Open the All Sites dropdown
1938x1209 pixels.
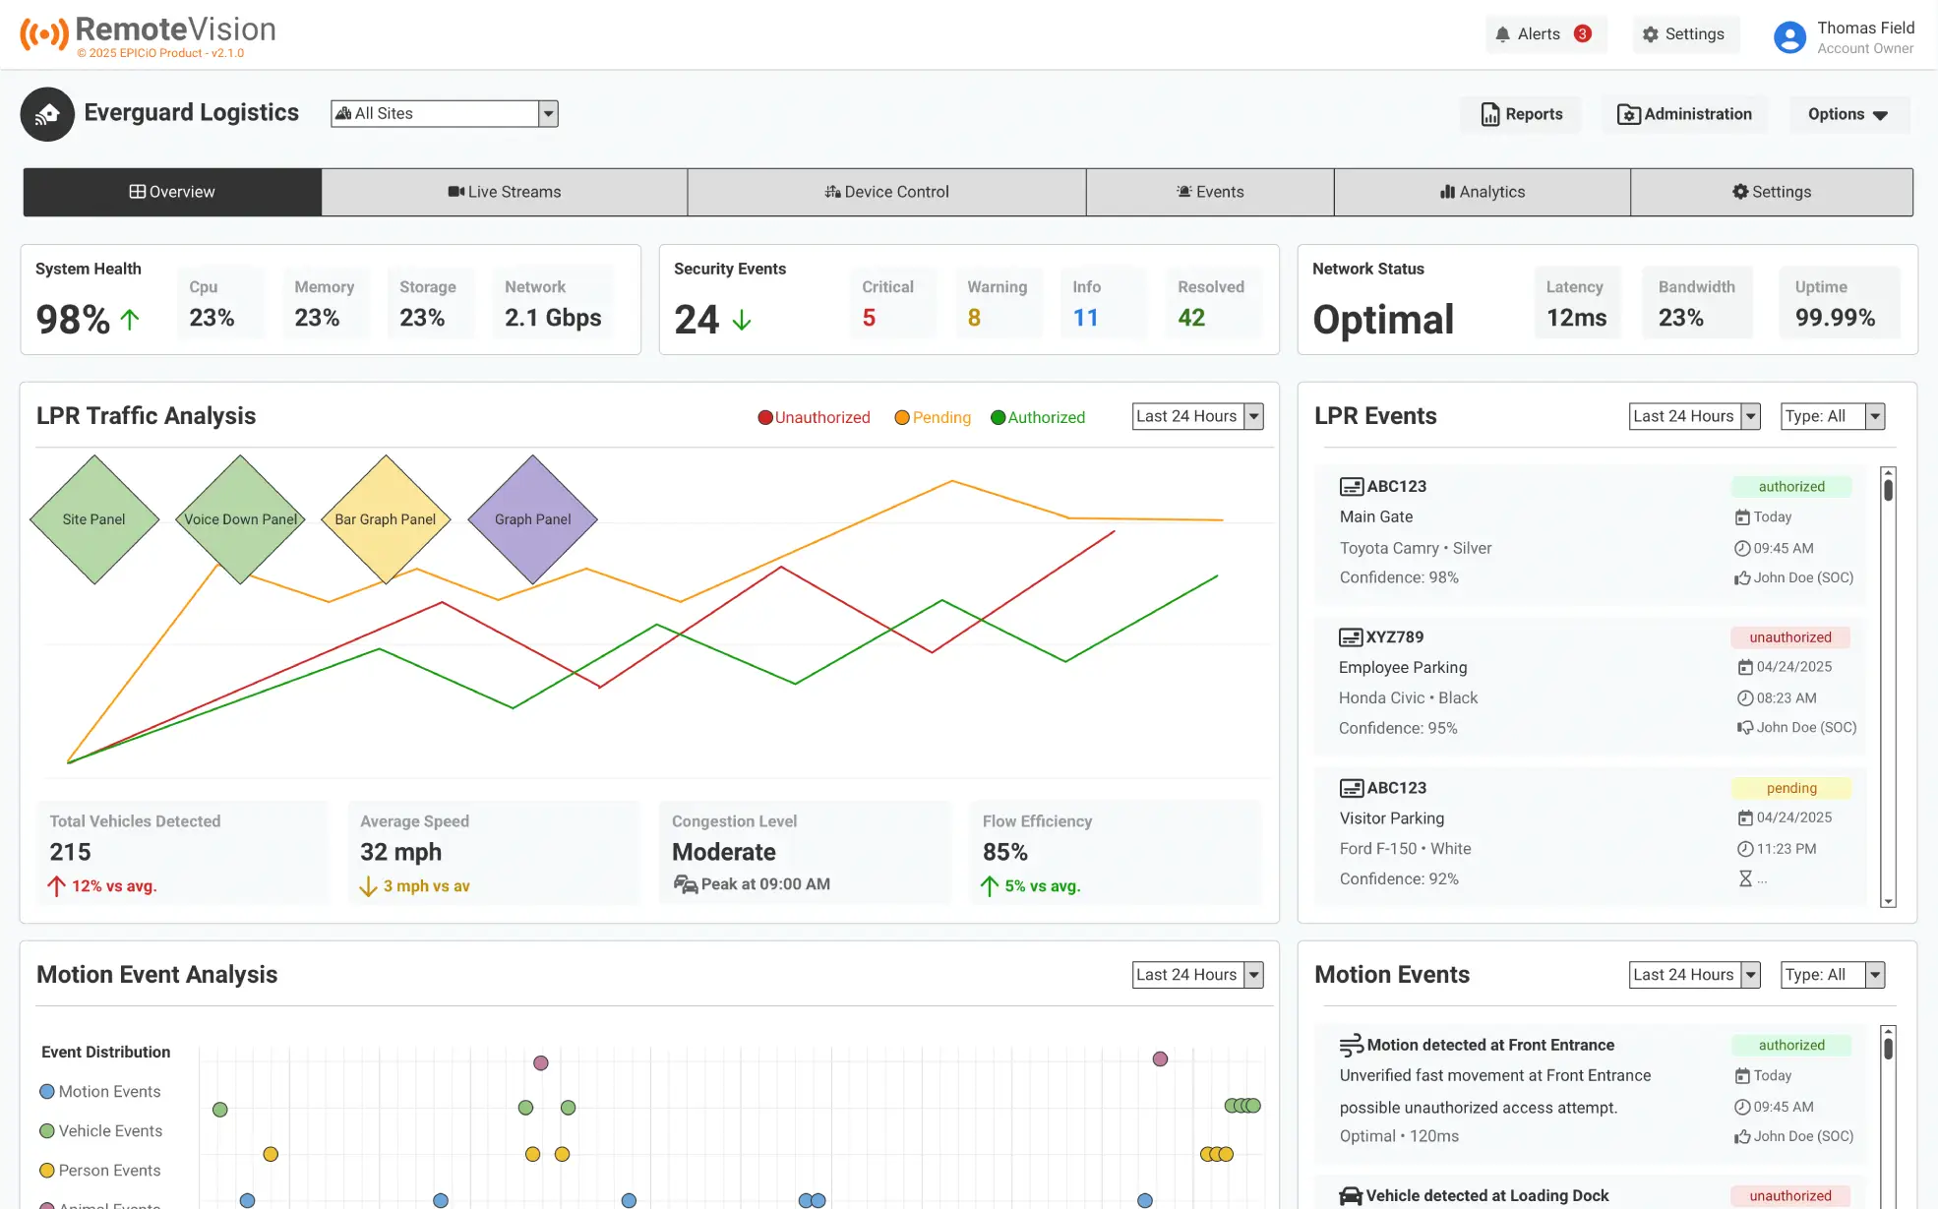coord(445,114)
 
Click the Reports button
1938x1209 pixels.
coord(1521,114)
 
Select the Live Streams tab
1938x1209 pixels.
coord(504,192)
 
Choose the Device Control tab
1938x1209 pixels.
coord(886,192)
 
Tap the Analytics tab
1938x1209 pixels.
coord(1482,192)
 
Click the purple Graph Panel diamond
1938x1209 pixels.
coord(532,519)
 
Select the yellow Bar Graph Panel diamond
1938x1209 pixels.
coord(386,519)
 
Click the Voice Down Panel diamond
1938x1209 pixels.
coord(240,519)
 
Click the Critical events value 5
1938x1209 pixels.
coord(869,318)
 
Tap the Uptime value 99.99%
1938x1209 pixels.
coord(1835,318)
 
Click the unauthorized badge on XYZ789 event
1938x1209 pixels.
coord(1789,637)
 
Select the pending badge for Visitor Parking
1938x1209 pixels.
coord(1790,788)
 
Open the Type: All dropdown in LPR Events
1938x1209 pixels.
coord(1832,416)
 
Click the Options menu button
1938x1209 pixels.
coord(1847,114)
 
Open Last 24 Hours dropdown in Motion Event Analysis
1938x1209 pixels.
coord(1197,975)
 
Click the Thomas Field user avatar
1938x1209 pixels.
coord(1789,37)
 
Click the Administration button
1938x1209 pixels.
coord(1684,114)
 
